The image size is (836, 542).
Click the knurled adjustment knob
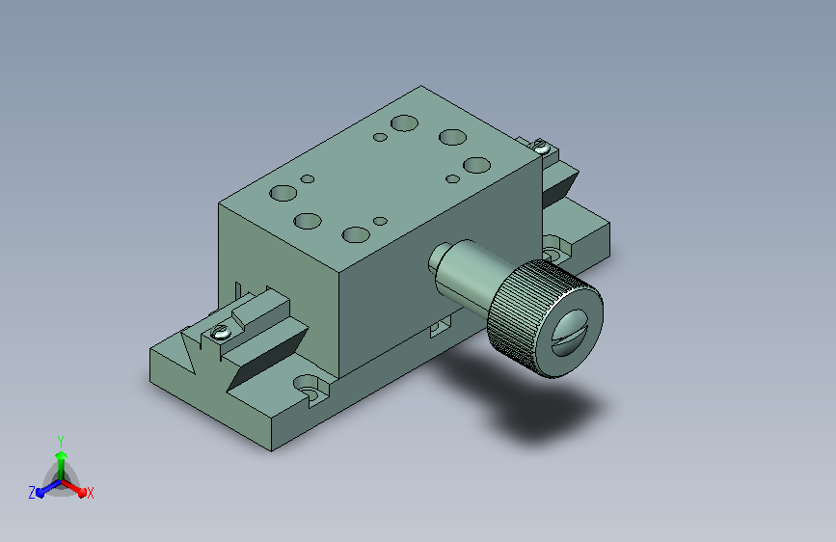coord(545,318)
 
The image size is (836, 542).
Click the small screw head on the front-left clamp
coord(220,333)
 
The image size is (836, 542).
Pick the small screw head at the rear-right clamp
coord(541,146)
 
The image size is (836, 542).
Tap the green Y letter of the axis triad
coord(60,441)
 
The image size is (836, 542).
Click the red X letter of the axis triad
coord(90,494)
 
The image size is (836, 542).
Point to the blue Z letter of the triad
coord(32,493)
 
